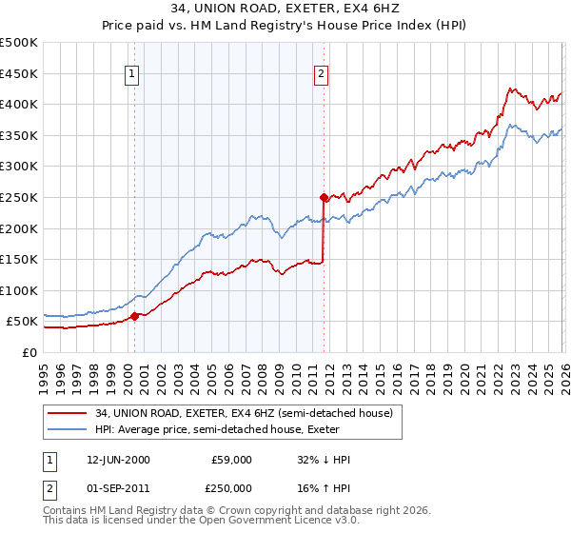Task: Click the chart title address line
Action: coord(285,9)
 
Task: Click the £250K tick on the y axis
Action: coord(19,197)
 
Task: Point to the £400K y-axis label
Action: coord(19,104)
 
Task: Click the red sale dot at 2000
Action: coord(134,316)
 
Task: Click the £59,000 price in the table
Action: coord(231,460)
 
